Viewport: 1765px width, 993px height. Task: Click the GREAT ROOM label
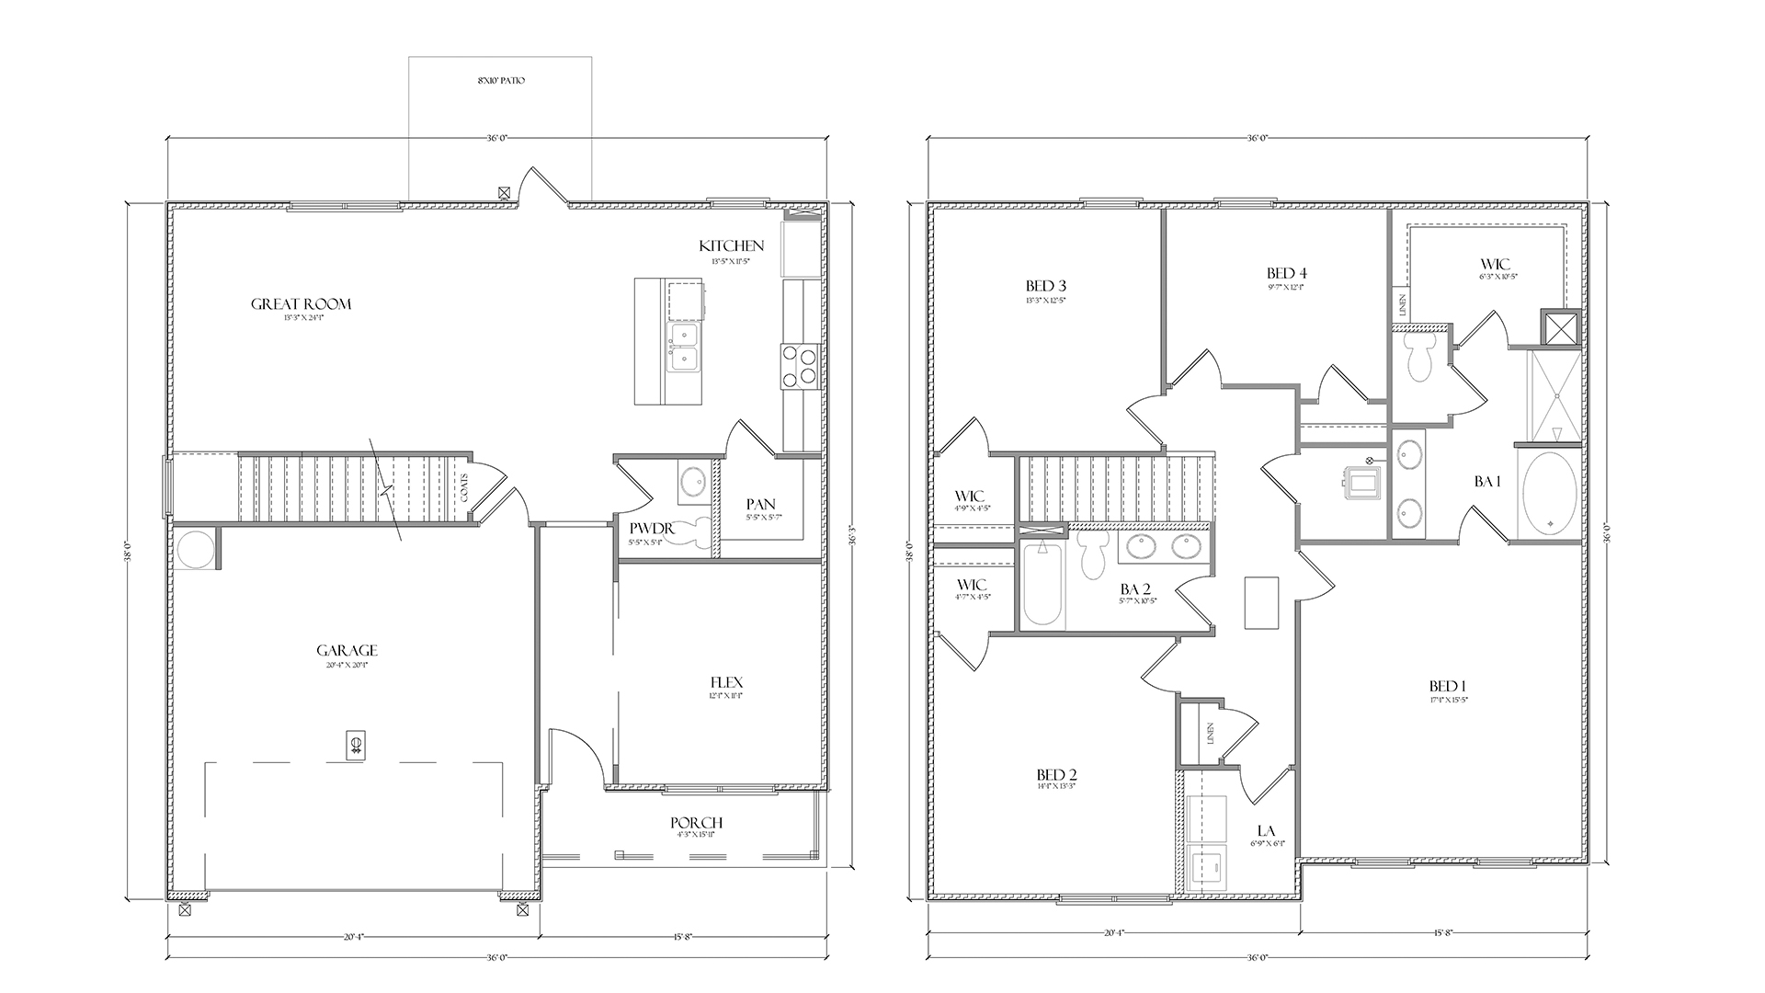301,304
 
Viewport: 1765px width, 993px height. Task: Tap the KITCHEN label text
731,246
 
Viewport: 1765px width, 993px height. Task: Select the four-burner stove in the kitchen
798,365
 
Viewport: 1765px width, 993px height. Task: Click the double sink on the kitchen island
682,347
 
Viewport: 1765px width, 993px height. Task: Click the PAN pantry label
760,505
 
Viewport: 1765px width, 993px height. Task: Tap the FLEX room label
726,683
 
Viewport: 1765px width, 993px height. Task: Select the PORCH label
696,823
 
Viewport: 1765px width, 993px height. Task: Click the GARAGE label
347,651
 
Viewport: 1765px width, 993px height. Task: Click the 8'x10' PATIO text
501,81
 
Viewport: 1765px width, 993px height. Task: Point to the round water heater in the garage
195,550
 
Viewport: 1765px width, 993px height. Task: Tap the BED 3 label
1047,285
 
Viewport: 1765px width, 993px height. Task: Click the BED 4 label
1286,273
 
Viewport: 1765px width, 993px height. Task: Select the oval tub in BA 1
1550,495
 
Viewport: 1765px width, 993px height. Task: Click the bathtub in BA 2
1043,585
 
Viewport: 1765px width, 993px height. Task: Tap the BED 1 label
1447,687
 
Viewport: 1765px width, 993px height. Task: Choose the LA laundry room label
1266,831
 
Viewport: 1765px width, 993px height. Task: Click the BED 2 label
1056,774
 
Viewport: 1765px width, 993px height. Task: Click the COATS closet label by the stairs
465,487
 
